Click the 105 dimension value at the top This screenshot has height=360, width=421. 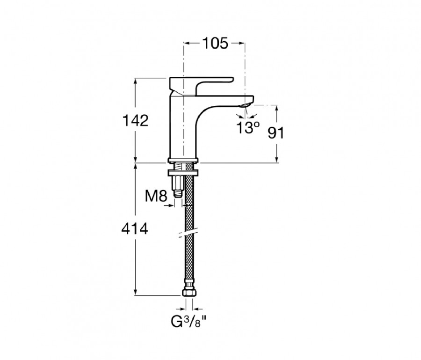point(215,43)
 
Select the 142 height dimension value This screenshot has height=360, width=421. point(135,120)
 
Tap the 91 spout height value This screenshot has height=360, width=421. point(276,132)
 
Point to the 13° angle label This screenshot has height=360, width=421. point(248,127)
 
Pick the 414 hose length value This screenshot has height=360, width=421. point(135,229)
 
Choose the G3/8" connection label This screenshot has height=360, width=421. point(189,321)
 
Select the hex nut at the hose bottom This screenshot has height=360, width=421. point(189,292)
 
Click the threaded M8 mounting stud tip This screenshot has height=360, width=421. point(178,194)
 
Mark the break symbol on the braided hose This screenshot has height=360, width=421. point(189,233)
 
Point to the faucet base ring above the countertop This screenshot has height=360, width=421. point(183,161)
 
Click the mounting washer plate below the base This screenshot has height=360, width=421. point(183,172)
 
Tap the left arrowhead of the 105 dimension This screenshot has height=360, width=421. point(186,43)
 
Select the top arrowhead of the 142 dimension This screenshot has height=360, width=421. point(136,81)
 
